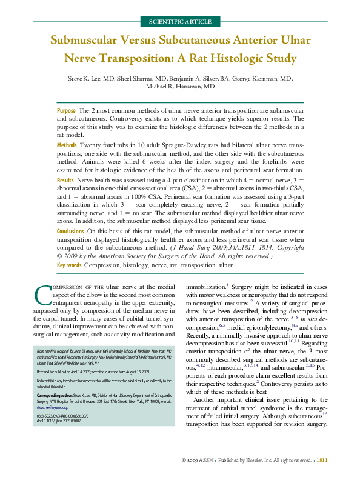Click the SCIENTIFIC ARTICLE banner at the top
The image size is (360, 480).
[180, 21]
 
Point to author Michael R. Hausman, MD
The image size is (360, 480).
[180, 87]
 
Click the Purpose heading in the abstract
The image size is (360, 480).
[66, 111]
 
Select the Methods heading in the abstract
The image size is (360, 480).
[67, 146]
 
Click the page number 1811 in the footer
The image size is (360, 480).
[322, 461]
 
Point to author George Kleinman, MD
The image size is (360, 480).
[265, 78]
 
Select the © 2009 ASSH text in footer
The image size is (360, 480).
[200, 461]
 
